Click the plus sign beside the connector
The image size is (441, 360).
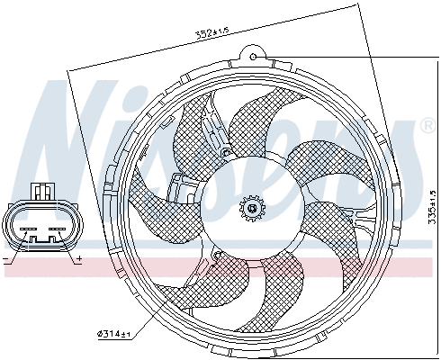pos(79,259)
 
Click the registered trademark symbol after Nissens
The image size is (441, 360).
pos(427,127)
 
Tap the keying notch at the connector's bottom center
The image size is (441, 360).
pos(42,241)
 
